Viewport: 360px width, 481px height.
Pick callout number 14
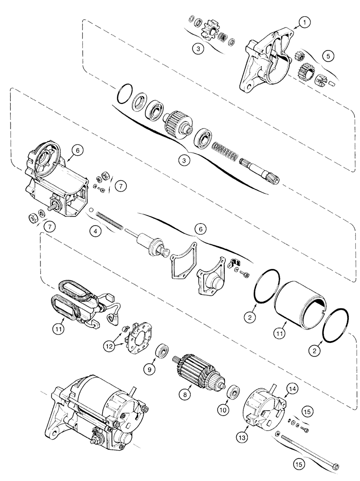(293, 387)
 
